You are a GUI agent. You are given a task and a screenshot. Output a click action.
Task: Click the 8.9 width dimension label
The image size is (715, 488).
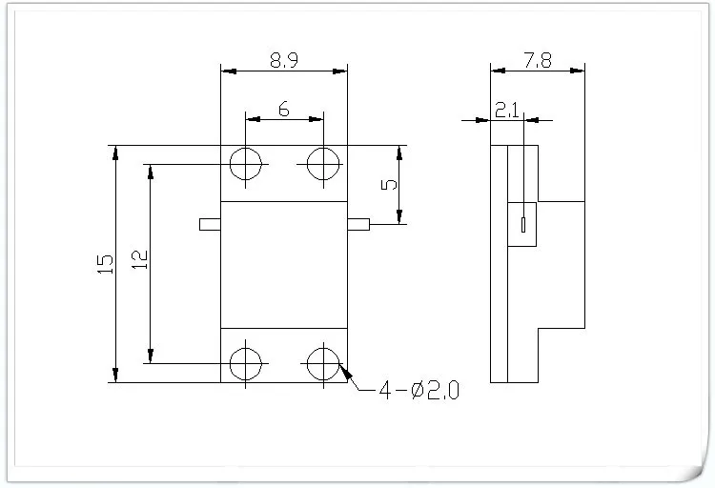click(x=284, y=60)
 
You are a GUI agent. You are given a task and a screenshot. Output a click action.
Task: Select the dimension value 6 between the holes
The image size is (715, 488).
click(x=284, y=109)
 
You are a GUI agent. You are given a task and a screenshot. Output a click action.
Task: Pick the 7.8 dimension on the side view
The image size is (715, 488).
click(x=537, y=60)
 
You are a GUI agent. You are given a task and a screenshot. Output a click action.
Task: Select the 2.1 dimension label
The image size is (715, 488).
click(x=506, y=110)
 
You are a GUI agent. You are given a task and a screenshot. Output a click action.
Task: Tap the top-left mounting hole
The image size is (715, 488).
click(x=247, y=164)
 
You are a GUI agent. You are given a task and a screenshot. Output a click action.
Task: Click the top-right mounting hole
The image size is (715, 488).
click(x=322, y=164)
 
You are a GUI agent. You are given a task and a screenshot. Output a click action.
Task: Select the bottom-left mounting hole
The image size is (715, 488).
click(x=247, y=362)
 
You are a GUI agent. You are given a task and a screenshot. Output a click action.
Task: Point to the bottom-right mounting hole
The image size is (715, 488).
click(x=322, y=362)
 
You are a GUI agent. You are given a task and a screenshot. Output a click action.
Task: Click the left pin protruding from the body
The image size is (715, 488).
click(x=210, y=224)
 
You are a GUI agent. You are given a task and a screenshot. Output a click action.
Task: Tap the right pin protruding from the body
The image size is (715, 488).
click(x=358, y=224)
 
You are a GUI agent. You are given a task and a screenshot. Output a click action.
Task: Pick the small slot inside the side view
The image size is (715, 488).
click(x=523, y=226)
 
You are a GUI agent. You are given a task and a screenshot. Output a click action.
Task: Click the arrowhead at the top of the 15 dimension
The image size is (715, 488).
click(x=115, y=151)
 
